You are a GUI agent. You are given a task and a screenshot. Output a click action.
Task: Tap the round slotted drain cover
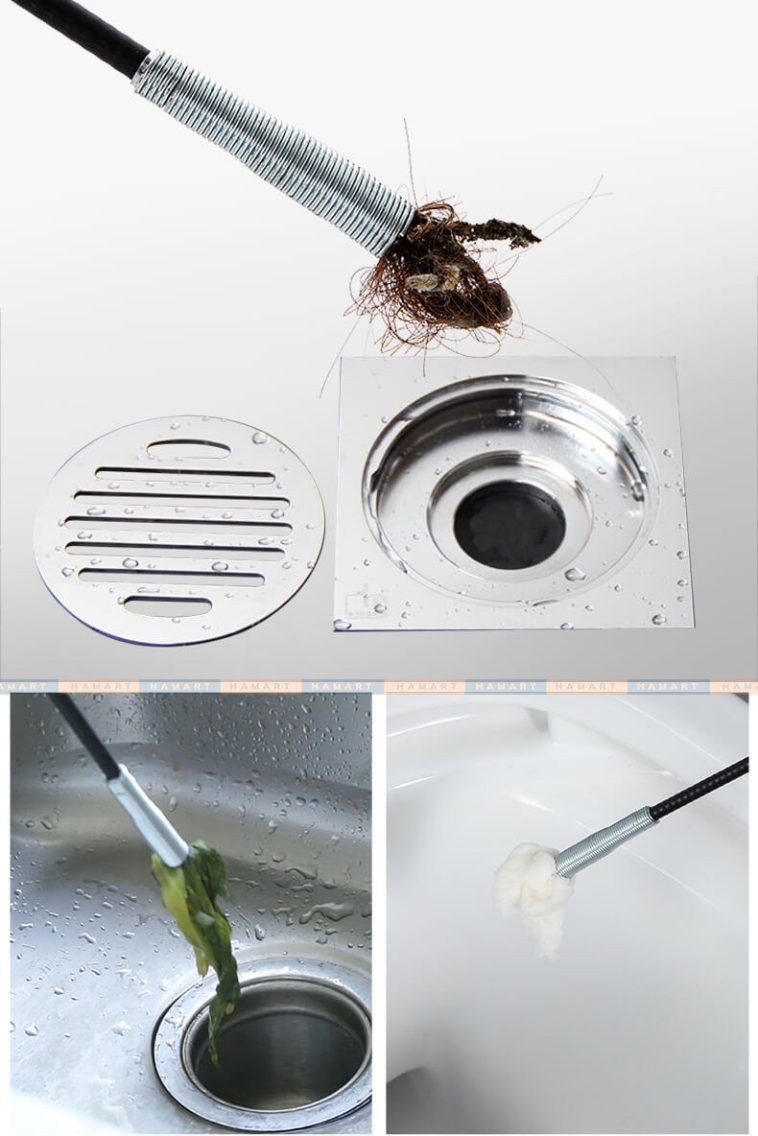[179, 531]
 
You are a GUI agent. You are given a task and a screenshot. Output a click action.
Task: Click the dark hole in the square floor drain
[510, 525]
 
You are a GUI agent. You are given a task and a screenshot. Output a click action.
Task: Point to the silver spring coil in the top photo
[275, 153]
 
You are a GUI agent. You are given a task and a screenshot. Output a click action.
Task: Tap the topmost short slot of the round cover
[188, 449]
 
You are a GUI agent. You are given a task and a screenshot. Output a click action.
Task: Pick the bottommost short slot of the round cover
[167, 605]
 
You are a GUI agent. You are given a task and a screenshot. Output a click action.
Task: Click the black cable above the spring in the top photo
[80, 37]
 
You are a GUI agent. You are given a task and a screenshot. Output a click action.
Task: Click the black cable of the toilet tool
[699, 789]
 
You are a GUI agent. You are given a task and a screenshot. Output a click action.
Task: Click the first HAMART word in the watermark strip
[99, 685]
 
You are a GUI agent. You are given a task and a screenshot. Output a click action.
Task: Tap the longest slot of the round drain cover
[178, 522]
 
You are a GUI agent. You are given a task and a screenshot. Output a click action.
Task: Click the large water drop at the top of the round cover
[259, 438]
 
